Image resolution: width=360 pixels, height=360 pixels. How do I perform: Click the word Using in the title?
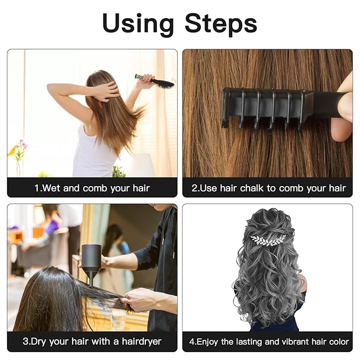click(138, 23)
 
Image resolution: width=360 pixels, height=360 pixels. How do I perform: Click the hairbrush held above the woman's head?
click(156, 81)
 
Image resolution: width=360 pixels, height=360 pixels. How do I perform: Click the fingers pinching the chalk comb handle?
click(344, 106)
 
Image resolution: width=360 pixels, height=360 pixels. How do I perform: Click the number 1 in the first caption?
click(37, 188)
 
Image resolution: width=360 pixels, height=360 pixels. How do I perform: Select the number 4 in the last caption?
click(191, 342)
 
